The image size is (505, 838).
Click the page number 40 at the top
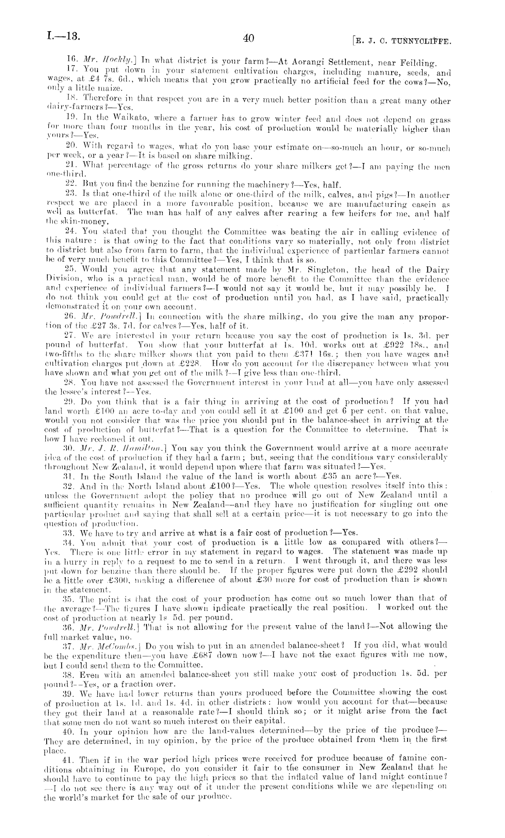(x=248, y=38)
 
